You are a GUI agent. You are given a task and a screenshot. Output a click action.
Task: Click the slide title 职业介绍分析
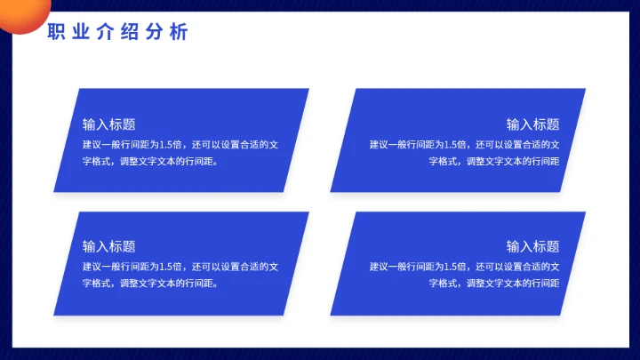(117, 33)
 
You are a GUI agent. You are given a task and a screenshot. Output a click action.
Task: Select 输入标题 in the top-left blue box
(108, 124)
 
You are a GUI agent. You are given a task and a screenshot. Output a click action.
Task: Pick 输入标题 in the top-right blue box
(532, 124)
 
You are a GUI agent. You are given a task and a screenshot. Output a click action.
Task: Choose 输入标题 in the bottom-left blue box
(108, 246)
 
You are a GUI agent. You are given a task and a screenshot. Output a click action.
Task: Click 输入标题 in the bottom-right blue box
(532, 246)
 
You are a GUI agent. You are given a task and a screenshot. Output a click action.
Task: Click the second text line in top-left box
(150, 162)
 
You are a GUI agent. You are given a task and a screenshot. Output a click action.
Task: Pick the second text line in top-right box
(494, 162)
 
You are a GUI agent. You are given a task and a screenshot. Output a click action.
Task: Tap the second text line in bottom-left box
(150, 284)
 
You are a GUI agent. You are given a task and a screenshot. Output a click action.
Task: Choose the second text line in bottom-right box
(494, 284)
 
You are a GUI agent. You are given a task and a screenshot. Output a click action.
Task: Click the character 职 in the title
(55, 33)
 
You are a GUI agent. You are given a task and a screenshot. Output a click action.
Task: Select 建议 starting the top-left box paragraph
(92, 144)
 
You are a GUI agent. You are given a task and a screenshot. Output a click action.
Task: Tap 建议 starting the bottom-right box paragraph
(379, 266)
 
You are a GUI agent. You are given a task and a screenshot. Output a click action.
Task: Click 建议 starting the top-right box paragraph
(379, 144)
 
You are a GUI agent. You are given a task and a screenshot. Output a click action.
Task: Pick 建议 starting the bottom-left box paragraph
(92, 266)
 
